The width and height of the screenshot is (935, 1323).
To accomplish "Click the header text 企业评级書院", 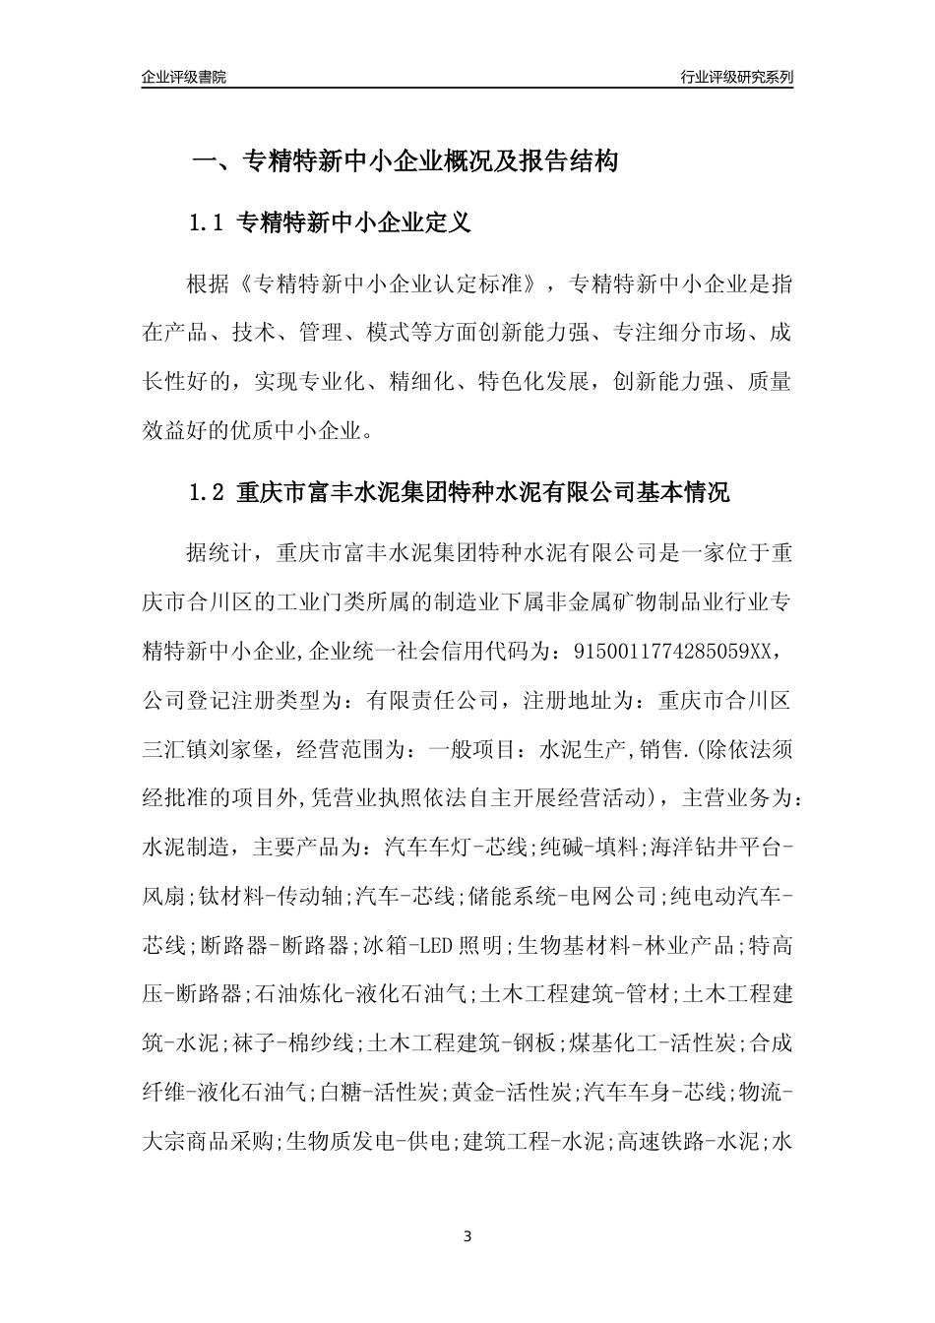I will coord(184,77).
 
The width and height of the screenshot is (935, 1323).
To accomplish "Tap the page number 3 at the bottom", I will coord(467,1236).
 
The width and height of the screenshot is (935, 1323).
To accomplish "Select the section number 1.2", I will coord(208,492).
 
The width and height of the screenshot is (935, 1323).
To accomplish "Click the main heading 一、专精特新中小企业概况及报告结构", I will coord(404,161).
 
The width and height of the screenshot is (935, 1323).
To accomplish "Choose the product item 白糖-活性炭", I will coord(380,1092).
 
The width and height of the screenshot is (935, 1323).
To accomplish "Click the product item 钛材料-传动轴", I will coord(270,896).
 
